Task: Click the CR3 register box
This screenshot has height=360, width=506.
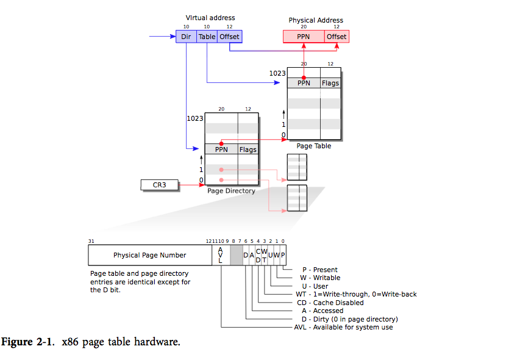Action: [160, 184]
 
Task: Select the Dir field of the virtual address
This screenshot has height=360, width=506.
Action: [186, 37]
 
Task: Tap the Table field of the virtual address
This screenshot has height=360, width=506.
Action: [207, 37]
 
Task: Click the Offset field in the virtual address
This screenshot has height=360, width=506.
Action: [230, 37]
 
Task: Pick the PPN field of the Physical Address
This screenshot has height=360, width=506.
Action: [303, 37]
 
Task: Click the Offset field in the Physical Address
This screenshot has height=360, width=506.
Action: [337, 37]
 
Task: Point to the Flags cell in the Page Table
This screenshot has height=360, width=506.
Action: [330, 83]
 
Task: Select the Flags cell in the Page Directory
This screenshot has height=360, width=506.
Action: [248, 149]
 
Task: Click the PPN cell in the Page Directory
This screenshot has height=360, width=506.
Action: [221, 149]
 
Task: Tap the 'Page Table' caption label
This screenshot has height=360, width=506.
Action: [313, 146]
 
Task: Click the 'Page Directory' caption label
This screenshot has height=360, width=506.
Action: [231, 191]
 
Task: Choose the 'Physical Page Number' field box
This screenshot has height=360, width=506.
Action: [149, 255]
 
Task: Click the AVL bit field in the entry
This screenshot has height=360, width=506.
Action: [220, 255]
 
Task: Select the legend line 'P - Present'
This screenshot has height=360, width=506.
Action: [319, 270]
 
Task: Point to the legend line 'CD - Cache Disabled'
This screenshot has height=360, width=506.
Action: [329, 303]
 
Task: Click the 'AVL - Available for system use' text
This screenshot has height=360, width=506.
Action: [343, 327]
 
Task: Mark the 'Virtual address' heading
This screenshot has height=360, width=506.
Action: [210, 18]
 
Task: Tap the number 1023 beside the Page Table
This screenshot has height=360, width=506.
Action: [277, 73]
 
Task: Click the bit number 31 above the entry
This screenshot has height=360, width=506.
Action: [91, 242]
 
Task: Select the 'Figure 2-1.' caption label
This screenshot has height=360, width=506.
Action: [31, 342]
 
